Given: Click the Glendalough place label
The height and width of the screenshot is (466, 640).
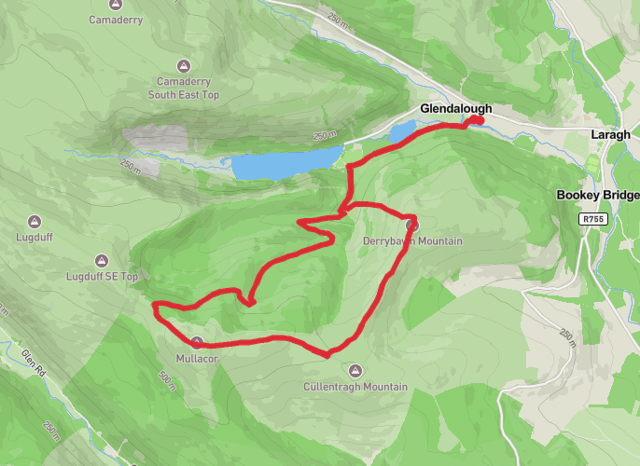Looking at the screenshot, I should click(x=455, y=109).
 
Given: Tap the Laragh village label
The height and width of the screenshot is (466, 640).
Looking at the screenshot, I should click(x=610, y=134).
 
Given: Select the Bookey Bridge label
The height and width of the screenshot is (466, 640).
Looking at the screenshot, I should click(x=598, y=195).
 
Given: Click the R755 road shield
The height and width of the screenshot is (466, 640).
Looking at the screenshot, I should click(x=591, y=219).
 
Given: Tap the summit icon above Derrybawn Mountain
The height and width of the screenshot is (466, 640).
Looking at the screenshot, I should click(x=412, y=225).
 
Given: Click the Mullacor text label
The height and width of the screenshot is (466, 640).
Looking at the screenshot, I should click(x=196, y=358).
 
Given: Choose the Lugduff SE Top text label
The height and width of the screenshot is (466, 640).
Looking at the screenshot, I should click(x=103, y=277).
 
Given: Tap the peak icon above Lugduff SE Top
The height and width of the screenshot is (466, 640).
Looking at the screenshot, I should click(x=102, y=260).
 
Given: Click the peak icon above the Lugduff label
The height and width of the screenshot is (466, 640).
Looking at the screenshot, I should click(x=35, y=221).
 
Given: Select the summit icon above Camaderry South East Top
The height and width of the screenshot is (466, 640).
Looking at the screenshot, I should click(x=183, y=65).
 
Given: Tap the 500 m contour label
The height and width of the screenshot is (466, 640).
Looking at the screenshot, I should click(x=167, y=379).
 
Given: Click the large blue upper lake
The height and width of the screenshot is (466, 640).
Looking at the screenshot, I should click(x=281, y=164).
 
